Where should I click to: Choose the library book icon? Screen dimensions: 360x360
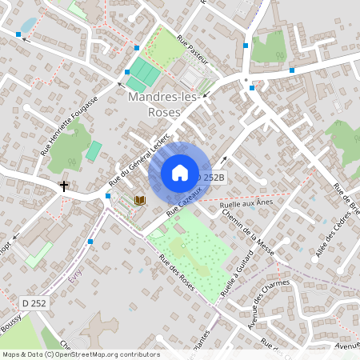140,199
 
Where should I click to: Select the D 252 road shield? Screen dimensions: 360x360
33,303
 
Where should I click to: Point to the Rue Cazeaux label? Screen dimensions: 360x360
183,203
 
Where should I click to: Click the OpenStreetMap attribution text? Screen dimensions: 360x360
80,354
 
